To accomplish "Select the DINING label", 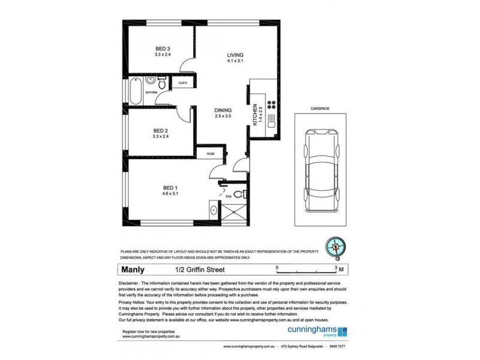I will coord(223,110).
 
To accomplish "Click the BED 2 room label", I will coord(159,131).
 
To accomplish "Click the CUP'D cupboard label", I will coord(183,83).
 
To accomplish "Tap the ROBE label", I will coord(211,154).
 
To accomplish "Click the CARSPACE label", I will coord(320,109).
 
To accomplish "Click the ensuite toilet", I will coord(238,194).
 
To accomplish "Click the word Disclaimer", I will coord(135,282).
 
